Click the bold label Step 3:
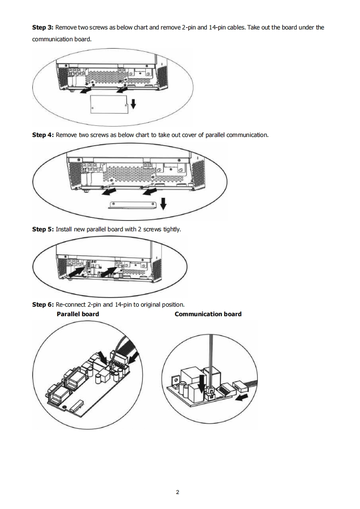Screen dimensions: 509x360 pyautogui.click(x=43, y=27)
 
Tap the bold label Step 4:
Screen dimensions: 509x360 pyautogui.click(x=43, y=135)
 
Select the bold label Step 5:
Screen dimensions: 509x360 pyautogui.click(x=43, y=229)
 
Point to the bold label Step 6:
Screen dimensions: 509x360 pyautogui.click(x=43, y=304)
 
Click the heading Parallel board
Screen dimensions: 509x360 pyautogui.click(x=78, y=314)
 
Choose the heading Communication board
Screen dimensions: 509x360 pyautogui.click(x=208, y=314)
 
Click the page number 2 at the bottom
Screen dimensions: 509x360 pyautogui.click(x=178, y=492)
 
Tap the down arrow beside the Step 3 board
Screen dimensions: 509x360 pyautogui.click(x=133, y=105)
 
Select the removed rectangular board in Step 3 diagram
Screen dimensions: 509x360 pyautogui.click(x=108, y=105)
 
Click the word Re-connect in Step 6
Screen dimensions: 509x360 pyautogui.click(x=73, y=304)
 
